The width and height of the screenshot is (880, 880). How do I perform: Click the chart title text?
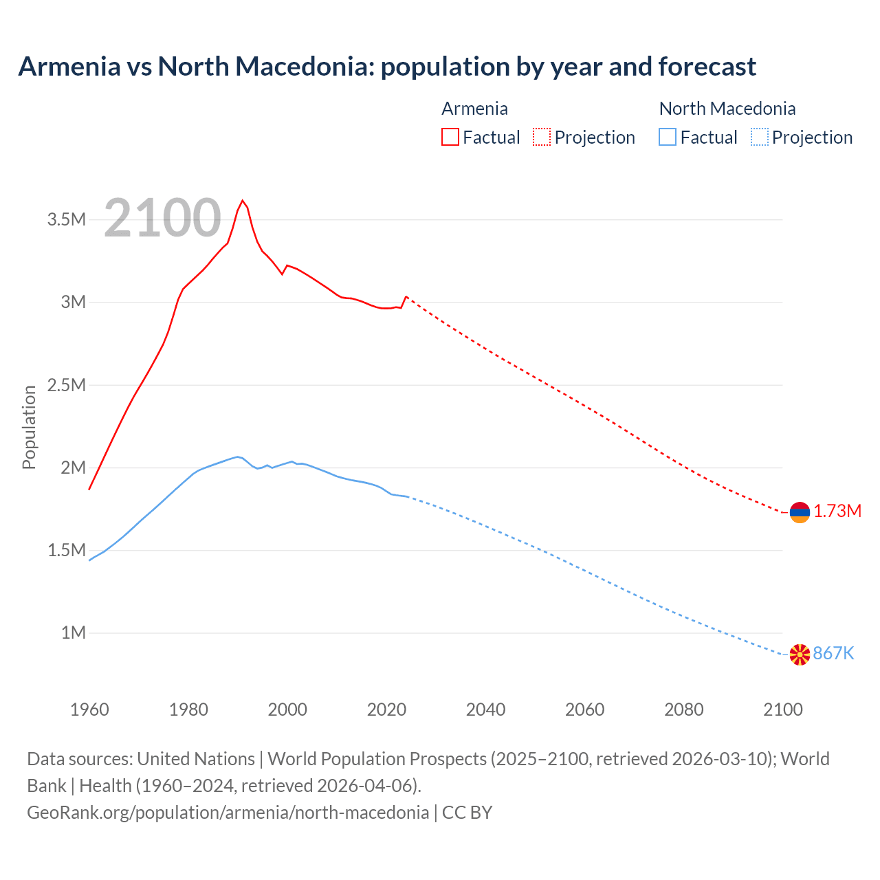(x=387, y=67)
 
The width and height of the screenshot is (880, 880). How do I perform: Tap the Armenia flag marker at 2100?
(x=800, y=512)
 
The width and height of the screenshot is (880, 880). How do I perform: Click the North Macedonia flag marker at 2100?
(x=800, y=654)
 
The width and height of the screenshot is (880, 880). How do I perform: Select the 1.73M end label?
(x=837, y=511)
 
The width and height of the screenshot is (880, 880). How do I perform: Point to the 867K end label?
(x=833, y=653)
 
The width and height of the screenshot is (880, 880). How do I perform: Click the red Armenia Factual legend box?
(x=450, y=137)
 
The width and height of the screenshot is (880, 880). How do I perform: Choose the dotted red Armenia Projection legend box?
(x=542, y=137)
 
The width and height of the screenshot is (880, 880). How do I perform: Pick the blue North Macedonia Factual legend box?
(x=668, y=137)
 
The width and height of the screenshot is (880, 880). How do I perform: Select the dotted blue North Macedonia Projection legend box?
(x=759, y=137)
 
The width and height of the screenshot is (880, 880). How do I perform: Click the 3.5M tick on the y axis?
(x=67, y=219)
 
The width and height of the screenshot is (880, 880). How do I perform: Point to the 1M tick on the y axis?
(x=74, y=632)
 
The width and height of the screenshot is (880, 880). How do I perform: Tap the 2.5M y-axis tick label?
(x=67, y=385)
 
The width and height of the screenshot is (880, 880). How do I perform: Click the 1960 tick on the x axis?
(x=89, y=709)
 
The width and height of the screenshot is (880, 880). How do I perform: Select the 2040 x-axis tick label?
(x=485, y=709)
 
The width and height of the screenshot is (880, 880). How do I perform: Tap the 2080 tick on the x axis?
(x=683, y=709)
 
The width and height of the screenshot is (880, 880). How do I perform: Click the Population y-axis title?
(x=29, y=427)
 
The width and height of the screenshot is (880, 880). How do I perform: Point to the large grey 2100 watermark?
(x=162, y=219)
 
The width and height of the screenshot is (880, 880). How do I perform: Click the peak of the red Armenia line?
(x=242, y=201)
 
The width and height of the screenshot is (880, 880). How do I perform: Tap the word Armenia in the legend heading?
(x=474, y=109)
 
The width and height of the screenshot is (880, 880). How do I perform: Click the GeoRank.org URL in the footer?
(x=228, y=812)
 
